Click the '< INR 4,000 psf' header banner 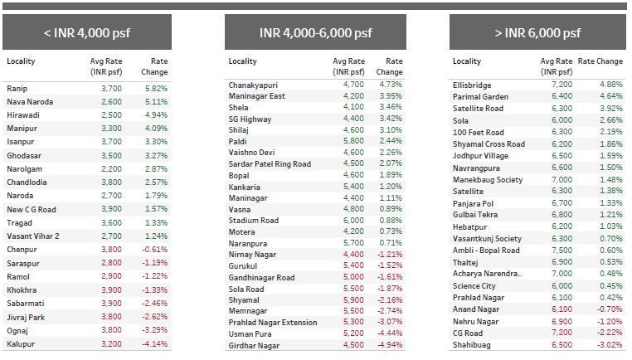(x=87, y=33)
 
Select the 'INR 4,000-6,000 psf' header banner (x=314, y=33)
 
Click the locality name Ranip (x=17, y=88)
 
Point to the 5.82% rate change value (x=155, y=88)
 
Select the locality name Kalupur (x=22, y=343)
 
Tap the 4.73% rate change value (x=389, y=85)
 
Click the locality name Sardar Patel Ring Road (x=270, y=164)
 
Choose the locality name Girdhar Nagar (x=255, y=345)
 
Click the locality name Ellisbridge (x=472, y=85)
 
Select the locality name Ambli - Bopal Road (x=486, y=251)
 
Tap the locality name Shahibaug (x=471, y=343)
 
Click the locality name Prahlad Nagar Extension (x=274, y=323)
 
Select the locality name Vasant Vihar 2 (x=33, y=236)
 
